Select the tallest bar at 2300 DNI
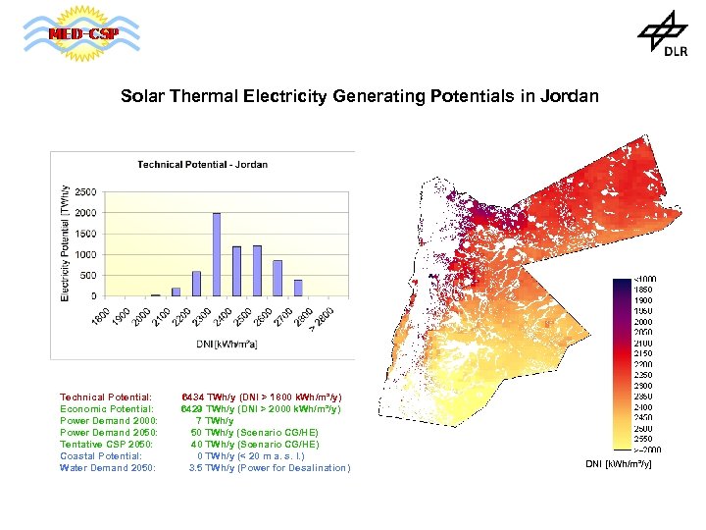click(x=216, y=254)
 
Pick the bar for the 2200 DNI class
click(x=196, y=284)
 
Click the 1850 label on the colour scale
click(x=643, y=291)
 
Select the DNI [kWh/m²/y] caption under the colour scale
click(x=619, y=462)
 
